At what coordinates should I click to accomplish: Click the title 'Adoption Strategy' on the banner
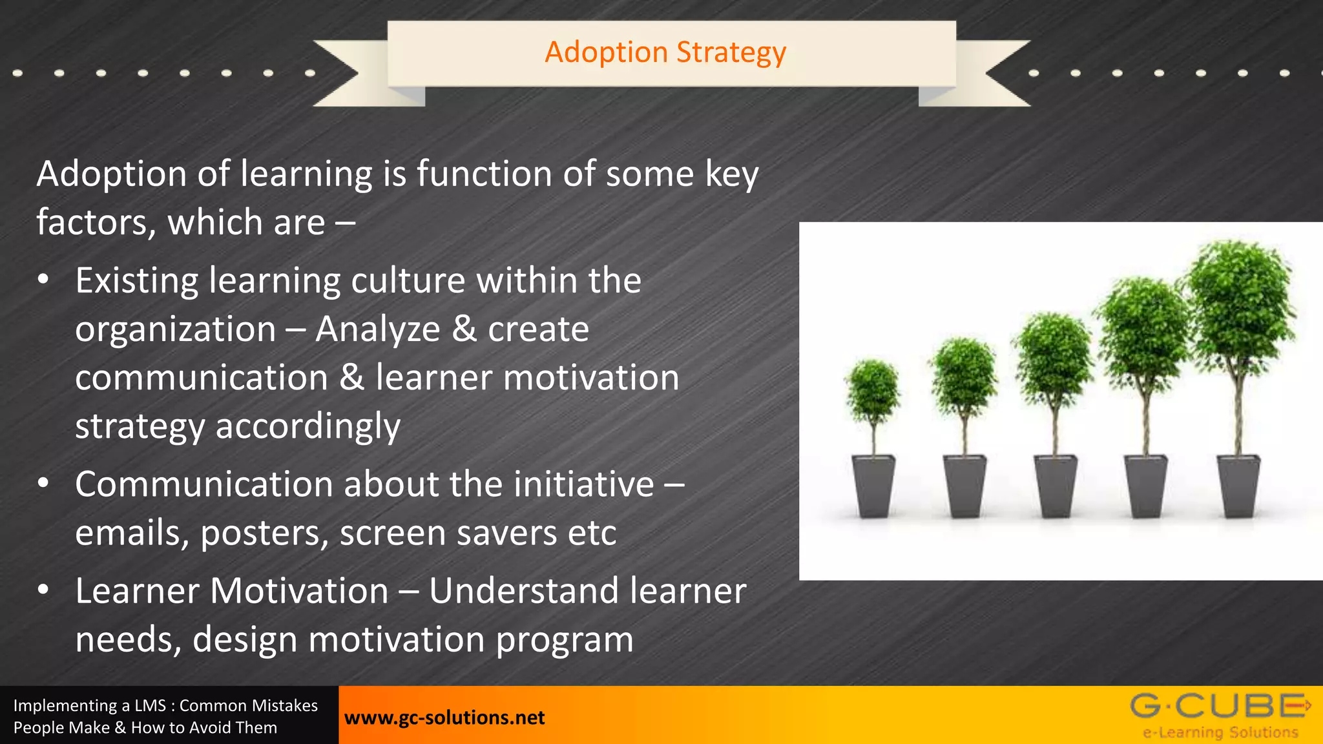[665, 52]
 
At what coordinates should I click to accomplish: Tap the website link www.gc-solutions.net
[444, 718]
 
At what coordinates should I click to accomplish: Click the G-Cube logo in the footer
[1220, 706]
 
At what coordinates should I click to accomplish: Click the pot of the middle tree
[1055, 486]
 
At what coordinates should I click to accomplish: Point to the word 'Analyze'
[378, 329]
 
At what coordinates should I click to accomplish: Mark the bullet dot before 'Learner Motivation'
[43, 590]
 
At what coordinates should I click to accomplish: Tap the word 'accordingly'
[307, 427]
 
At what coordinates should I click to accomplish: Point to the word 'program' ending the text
[564, 640]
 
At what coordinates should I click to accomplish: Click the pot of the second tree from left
[964, 486]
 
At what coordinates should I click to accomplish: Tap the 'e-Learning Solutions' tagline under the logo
[1220, 732]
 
